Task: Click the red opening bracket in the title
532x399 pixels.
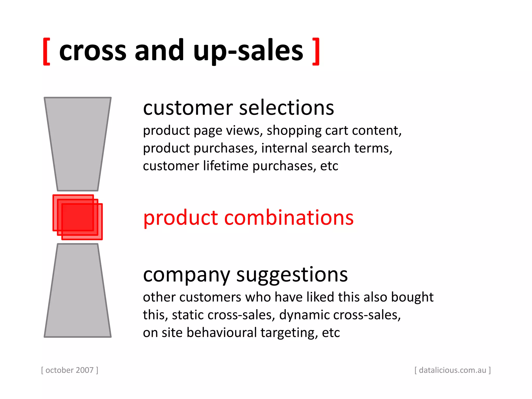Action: pos(46,51)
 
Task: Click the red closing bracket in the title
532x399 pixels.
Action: pos(316,51)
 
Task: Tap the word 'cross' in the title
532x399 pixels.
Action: pos(93,51)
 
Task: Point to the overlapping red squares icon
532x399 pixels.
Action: pos(77,217)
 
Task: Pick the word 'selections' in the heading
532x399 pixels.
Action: pos(286,108)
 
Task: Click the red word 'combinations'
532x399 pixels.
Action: pos(289,218)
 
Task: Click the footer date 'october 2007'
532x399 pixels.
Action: pos(69,370)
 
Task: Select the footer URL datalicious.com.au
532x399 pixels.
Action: pos(452,370)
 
